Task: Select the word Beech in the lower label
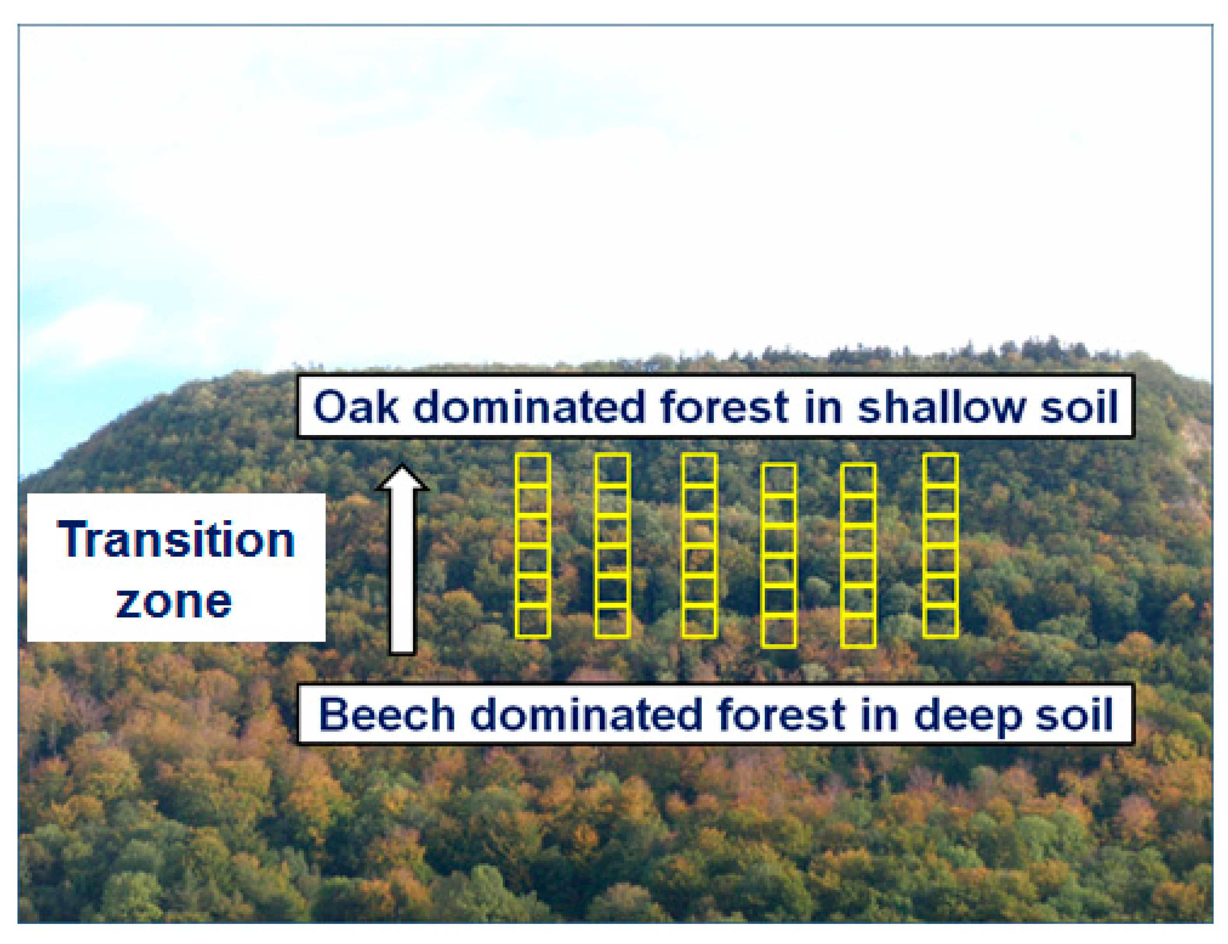pos(386,715)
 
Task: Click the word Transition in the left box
pos(176,539)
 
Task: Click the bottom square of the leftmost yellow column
pos(533,621)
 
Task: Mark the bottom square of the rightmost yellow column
pos(940,621)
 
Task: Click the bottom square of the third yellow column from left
pos(699,621)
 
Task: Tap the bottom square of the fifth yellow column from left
pos(858,631)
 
